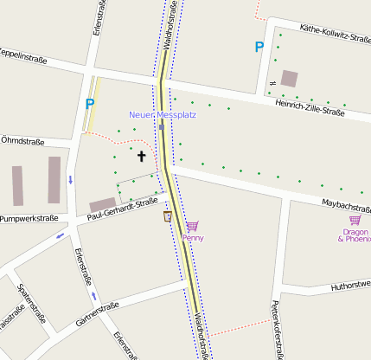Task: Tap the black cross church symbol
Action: (x=141, y=156)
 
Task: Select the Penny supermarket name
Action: (x=193, y=237)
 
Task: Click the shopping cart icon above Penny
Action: (x=192, y=225)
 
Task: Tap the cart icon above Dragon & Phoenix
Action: (x=354, y=221)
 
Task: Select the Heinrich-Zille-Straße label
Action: (x=310, y=108)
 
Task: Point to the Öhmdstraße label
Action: (x=22, y=139)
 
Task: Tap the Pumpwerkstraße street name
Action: (x=29, y=218)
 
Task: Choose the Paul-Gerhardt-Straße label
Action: (x=123, y=208)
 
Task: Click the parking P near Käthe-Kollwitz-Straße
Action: (x=259, y=47)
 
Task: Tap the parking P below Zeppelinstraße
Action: (x=88, y=104)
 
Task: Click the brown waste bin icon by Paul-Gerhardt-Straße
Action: (x=166, y=215)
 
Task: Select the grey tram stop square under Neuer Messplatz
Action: (x=162, y=126)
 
